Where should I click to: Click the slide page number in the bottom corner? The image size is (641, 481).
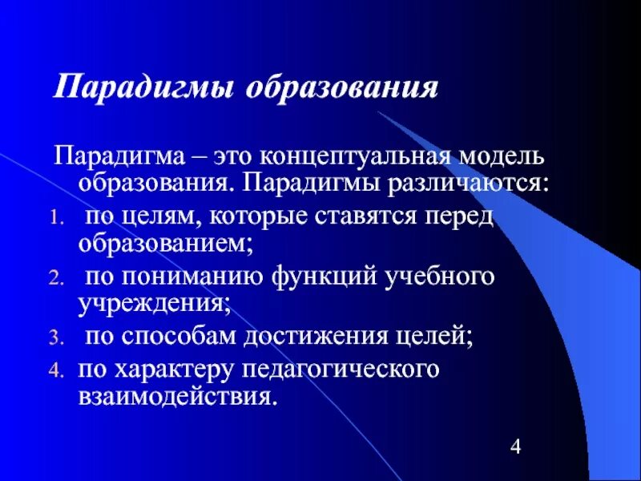[515, 447]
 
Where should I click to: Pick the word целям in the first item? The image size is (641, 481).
[158, 216]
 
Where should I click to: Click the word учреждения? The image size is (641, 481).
[153, 305]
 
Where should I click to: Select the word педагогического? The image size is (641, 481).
[360, 370]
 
